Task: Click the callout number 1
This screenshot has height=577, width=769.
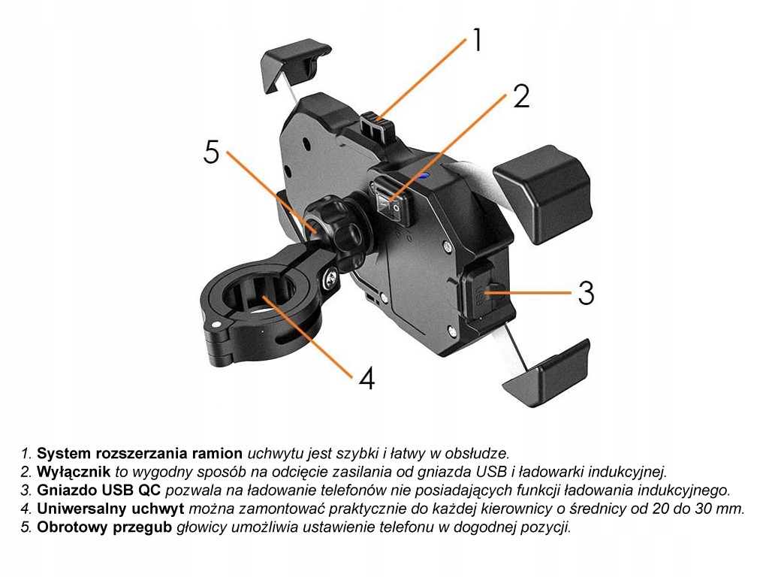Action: [x=477, y=40]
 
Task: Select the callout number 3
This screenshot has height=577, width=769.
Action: [x=586, y=292]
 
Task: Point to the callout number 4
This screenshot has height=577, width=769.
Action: [x=366, y=378]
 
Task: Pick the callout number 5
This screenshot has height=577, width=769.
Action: [x=211, y=151]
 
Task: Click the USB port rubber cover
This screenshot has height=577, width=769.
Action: [x=481, y=292]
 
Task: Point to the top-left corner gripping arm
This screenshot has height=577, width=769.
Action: [x=294, y=64]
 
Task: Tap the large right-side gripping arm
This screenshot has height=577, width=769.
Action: [x=542, y=193]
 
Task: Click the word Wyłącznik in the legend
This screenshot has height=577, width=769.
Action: [x=74, y=472]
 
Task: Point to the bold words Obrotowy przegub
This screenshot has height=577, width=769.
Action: [x=104, y=527]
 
